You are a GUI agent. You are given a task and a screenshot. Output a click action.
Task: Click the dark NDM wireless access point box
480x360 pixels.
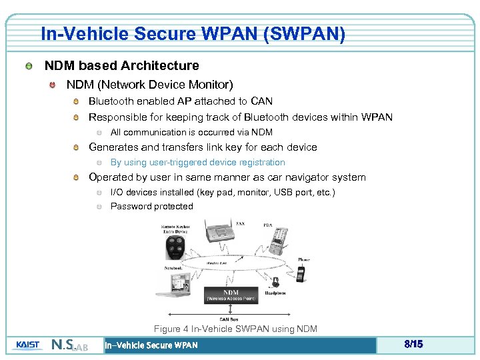point(231,295)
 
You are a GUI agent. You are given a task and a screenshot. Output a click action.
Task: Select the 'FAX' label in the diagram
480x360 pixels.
point(240,224)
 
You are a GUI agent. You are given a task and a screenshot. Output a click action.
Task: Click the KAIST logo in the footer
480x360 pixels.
point(28,345)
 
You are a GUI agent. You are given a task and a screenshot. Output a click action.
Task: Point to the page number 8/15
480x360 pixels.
point(413,345)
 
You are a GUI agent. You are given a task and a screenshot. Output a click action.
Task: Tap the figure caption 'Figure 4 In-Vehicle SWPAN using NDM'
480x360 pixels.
point(235,329)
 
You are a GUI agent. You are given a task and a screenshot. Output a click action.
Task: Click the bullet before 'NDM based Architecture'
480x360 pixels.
point(29,66)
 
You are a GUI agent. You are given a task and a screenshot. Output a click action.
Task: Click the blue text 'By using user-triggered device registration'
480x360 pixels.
point(197,162)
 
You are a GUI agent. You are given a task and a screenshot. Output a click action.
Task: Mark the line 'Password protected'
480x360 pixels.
point(151,206)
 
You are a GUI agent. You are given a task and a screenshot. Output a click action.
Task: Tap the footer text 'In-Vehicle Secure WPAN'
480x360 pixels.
point(151,345)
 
